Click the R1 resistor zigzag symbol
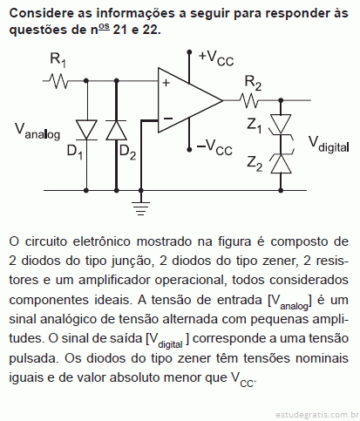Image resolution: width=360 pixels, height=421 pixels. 58,81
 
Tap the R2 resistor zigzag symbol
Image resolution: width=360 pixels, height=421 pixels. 248,100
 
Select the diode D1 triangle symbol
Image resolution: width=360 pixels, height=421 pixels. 86,130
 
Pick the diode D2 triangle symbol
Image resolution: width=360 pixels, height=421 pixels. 116,130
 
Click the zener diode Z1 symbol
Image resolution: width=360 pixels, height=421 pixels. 282,125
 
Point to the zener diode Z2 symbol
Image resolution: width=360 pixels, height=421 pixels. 282,163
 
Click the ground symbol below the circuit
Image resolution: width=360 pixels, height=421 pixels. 141,208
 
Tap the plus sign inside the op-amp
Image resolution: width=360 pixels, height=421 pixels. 166,83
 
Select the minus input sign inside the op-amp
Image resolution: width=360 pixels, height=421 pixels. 168,119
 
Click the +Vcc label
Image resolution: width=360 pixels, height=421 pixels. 216,58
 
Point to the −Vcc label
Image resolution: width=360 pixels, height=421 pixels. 214,147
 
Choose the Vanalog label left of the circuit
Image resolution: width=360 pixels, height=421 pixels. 37,132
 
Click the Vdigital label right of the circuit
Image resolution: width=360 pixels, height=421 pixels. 329,145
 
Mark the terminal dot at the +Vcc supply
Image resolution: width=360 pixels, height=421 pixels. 189,52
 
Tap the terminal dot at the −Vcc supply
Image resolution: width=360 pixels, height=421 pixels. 189,150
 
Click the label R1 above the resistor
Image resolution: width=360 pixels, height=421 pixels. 58,60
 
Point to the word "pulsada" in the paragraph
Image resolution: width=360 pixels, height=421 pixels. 33,359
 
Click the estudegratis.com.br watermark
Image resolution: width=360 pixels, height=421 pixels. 316,414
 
